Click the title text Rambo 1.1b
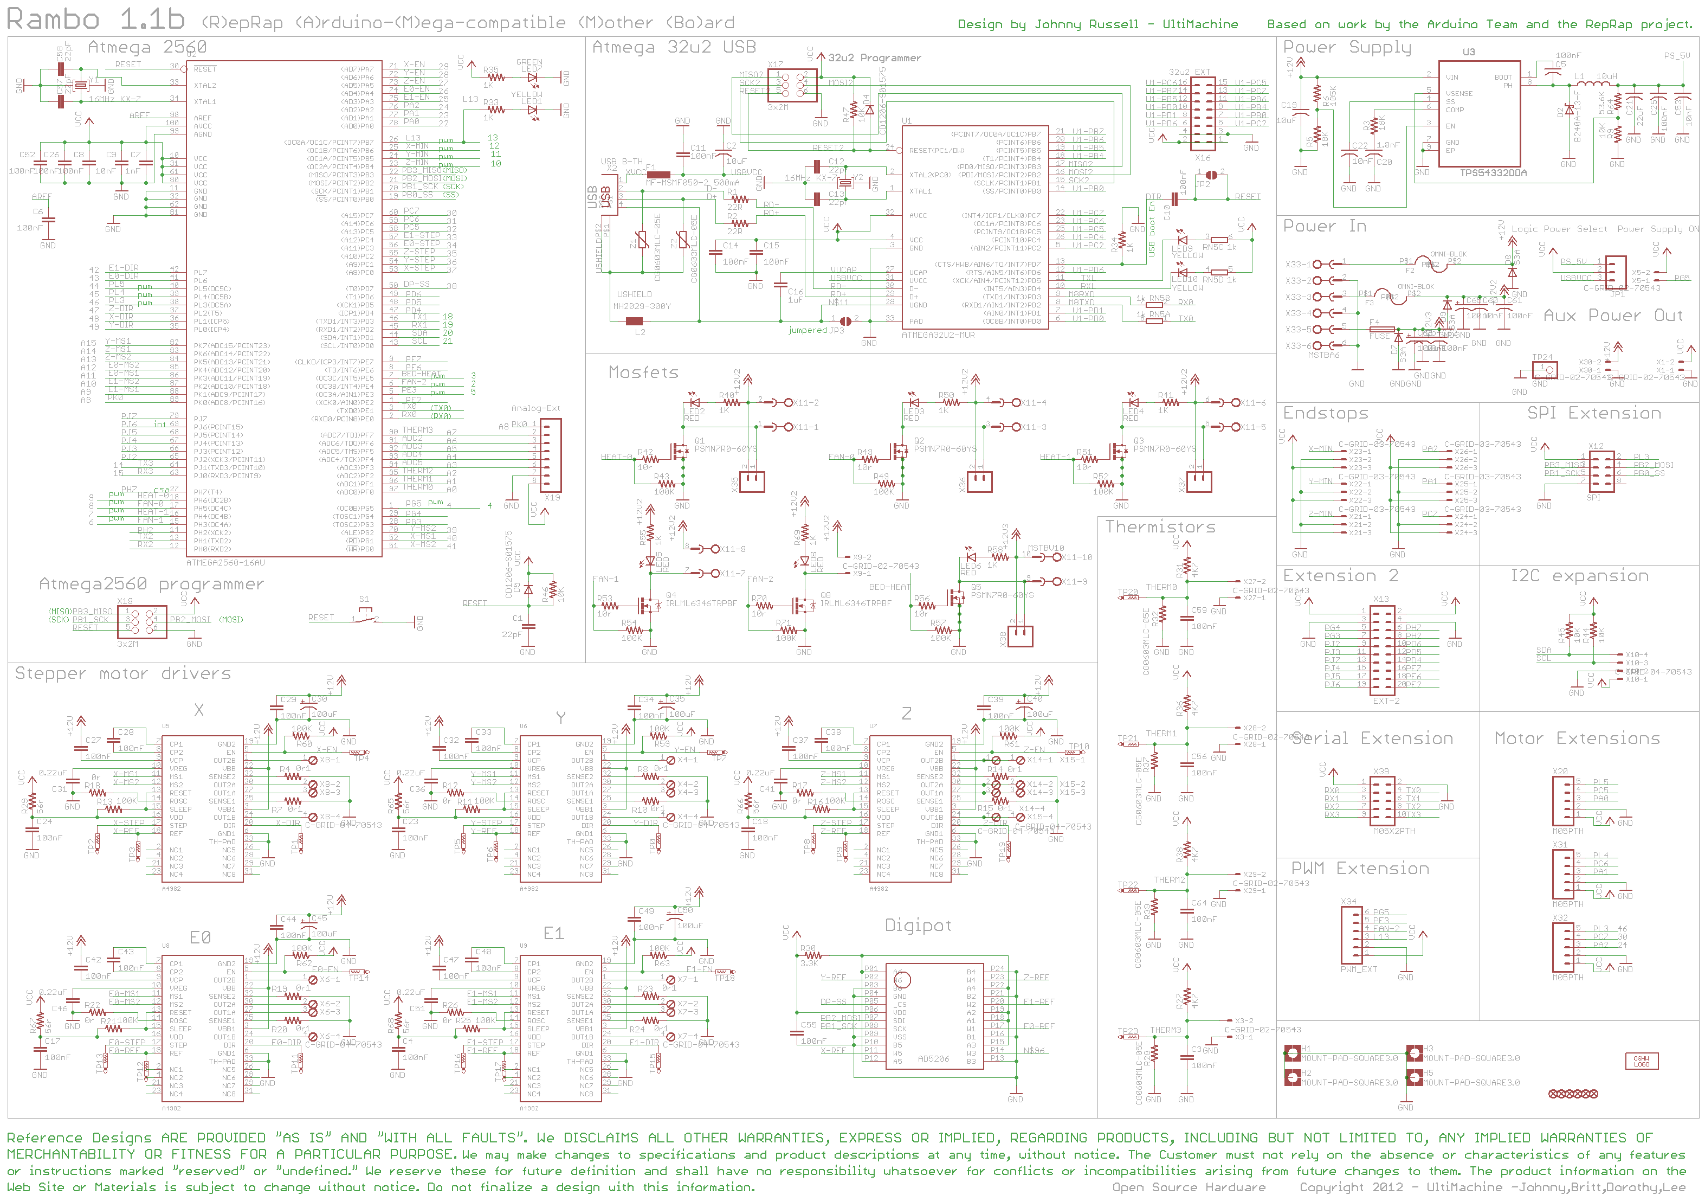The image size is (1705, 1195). point(95,20)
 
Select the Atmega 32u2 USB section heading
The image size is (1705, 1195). point(674,48)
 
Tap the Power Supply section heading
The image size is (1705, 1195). point(1346,48)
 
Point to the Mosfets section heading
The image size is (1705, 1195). point(643,373)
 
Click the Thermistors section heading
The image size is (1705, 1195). point(1160,528)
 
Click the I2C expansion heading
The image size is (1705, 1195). point(1579,576)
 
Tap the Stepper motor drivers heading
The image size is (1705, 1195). point(122,673)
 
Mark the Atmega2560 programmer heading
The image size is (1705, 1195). point(151,584)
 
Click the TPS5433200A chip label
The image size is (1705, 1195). point(1493,173)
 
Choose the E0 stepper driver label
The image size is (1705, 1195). point(200,937)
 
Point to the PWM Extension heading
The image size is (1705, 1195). point(1360,869)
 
